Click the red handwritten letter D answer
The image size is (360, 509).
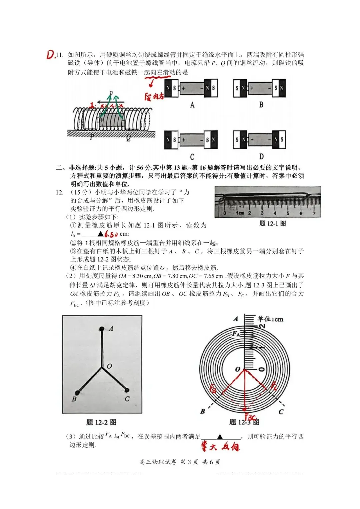coord(50,55)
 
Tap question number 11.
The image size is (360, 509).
coord(60,55)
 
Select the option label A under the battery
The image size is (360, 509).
coord(192,105)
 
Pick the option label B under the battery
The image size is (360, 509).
coord(261,105)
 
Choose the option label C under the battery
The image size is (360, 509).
coord(192,157)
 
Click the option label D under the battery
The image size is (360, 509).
coord(261,156)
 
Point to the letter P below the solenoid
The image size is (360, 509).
coord(92,136)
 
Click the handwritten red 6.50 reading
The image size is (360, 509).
coord(111,234)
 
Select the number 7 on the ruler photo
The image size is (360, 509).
coord(314,213)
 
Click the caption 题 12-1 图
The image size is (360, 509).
coord(273,224)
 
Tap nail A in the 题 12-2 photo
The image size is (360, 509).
coord(102,329)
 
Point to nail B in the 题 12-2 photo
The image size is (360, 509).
coord(77,393)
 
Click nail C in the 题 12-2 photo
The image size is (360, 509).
coord(127,390)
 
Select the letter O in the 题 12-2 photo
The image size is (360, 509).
coord(109,366)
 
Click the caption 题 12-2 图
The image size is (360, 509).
coord(101,422)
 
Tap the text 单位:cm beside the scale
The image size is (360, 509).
coord(270,319)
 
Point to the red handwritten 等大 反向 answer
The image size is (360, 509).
coord(220,447)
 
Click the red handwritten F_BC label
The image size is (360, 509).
coord(251,417)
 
